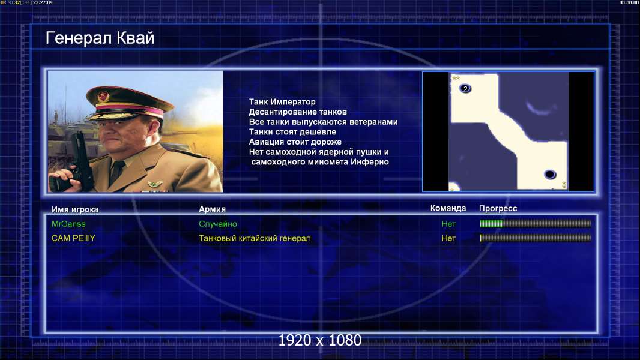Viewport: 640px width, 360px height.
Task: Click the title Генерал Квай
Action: pyautogui.click(x=100, y=38)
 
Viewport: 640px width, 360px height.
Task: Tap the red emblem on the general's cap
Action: pyautogui.click(x=103, y=96)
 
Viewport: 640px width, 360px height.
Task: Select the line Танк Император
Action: pyautogui.click(x=282, y=102)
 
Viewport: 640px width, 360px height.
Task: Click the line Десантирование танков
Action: pyautogui.click(x=298, y=112)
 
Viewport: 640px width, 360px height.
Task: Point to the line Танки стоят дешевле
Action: pyautogui.click(x=292, y=131)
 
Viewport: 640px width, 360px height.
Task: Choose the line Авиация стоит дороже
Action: pyautogui.click(x=295, y=142)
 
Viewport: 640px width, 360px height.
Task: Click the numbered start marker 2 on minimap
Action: pyautogui.click(x=465, y=88)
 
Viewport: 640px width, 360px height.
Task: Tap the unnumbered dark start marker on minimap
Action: pyautogui.click(x=550, y=175)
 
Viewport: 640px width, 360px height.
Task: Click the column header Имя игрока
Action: pyautogui.click(x=74, y=209)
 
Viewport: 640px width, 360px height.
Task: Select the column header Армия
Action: pyautogui.click(x=213, y=209)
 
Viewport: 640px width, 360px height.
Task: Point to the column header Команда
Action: pyautogui.click(x=448, y=208)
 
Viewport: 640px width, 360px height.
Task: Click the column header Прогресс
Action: pyautogui.click(x=498, y=208)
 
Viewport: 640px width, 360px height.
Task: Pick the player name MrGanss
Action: pyautogui.click(x=68, y=224)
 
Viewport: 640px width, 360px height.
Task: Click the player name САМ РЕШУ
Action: pyautogui.click(x=73, y=238)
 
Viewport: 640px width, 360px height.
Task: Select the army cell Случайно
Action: pyautogui.click(x=218, y=224)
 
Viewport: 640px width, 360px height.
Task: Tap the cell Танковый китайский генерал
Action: pyautogui.click(x=255, y=238)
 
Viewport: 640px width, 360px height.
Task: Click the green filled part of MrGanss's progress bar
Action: pyautogui.click(x=492, y=223)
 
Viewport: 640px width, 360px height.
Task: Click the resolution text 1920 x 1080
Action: pyautogui.click(x=320, y=340)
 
